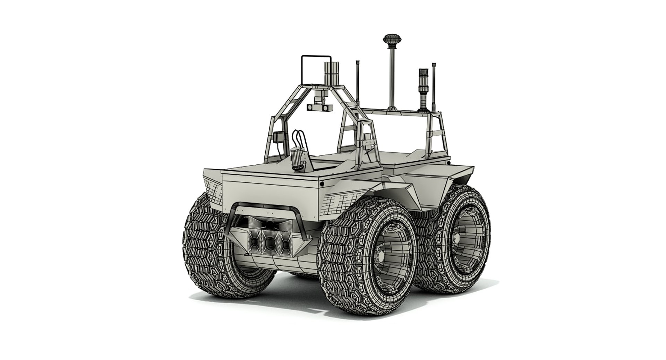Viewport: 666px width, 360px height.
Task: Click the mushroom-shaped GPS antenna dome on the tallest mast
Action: click(391, 38)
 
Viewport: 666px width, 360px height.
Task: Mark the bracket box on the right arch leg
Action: click(367, 140)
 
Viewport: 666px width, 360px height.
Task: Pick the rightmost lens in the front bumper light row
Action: click(285, 245)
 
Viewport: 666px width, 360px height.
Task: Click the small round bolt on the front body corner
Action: click(322, 184)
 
